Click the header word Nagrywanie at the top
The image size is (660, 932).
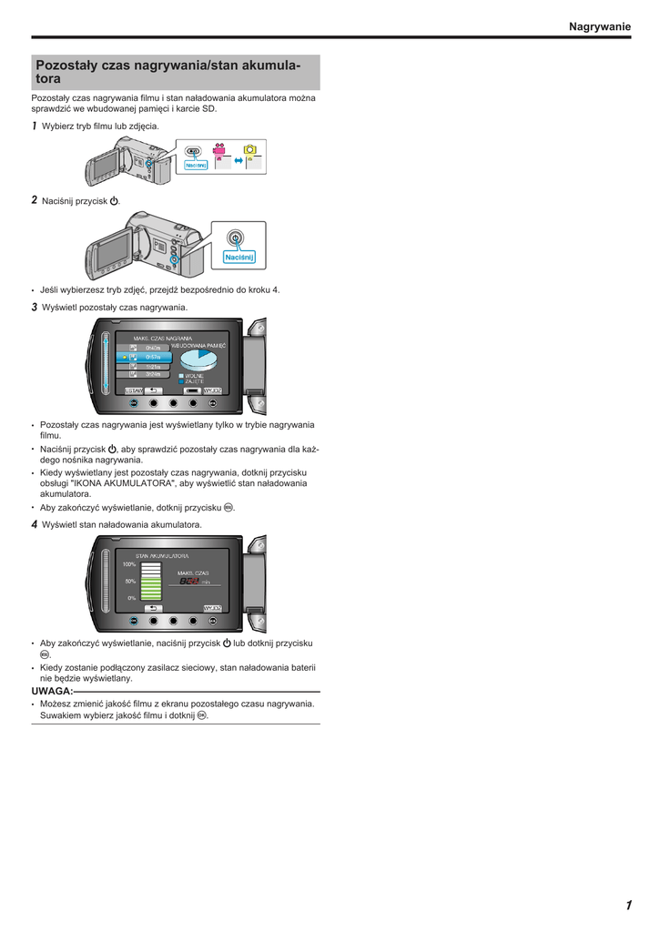tap(599, 27)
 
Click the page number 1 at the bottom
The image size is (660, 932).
tap(628, 905)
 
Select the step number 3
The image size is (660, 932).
tap(35, 308)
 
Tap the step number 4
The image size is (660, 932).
tap(35, 525)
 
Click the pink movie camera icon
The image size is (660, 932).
tap(219, 150)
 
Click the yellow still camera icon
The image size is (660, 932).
tap(249, 149)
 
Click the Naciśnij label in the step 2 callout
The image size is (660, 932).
tap(239, 258)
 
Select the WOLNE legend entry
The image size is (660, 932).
tap(194, 375)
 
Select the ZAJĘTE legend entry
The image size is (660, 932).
tap(194, 381)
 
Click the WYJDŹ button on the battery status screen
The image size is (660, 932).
tap(213, 607)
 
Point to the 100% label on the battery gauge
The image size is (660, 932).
tap(129, 564)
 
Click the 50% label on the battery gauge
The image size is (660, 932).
tap(130, 581)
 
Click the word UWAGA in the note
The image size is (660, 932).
tap(51, 691)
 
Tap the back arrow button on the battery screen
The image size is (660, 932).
tap(153, 607)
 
